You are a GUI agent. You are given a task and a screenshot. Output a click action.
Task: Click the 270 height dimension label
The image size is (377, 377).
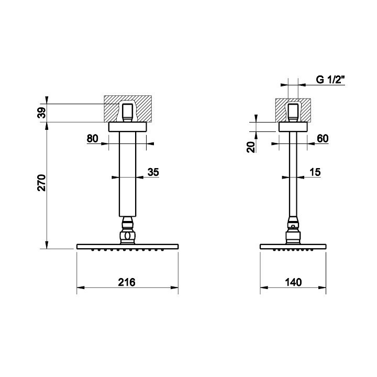point(41,183)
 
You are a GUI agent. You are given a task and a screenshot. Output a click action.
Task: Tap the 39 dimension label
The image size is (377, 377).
point(41,113)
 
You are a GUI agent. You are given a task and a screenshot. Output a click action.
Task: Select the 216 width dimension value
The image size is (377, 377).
point(127,282)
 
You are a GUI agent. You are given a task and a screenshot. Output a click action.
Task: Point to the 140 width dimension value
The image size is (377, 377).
point(293,282)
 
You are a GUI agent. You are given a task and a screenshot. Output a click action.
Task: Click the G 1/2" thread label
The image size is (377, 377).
point(330,80)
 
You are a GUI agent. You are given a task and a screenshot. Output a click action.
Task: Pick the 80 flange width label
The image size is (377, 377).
point(93,139)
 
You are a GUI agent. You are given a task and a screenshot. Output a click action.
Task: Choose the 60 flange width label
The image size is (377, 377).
point(323,139)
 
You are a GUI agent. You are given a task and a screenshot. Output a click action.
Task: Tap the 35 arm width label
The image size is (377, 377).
point(153,172)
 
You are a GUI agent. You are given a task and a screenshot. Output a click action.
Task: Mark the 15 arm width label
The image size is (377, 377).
point(315,172)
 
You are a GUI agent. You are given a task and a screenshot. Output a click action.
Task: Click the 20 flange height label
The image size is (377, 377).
point(251,147)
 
